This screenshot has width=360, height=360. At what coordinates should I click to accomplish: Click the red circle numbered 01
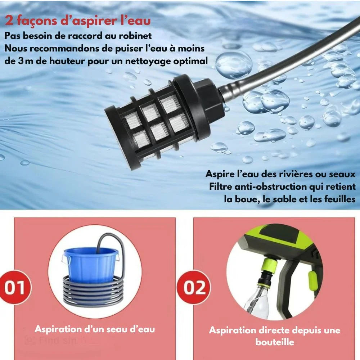(15, 287)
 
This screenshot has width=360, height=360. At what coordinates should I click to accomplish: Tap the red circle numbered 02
(194, 287)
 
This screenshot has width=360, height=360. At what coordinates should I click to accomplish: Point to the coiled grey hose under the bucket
(94, 292)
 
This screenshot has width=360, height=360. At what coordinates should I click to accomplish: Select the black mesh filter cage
(158, 122)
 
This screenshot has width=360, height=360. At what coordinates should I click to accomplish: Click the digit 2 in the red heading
(9, 21)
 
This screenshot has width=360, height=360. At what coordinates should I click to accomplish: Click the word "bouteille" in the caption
(275, 342)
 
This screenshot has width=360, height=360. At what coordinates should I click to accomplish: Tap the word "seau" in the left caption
(117, 329)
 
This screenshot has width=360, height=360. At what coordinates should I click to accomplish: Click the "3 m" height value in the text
(26, 61)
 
